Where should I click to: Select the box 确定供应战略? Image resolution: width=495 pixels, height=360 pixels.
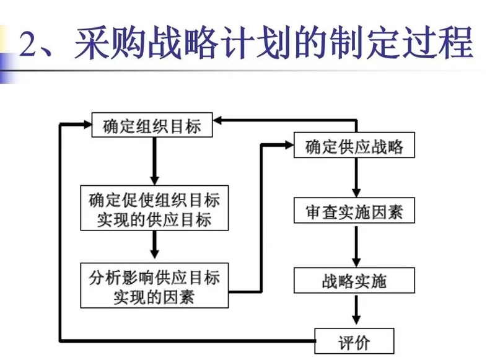click(x=354, y=147)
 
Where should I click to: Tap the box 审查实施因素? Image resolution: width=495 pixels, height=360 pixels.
click(x=354, y=212)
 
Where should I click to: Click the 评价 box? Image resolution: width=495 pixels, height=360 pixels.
click(x=354, y=342)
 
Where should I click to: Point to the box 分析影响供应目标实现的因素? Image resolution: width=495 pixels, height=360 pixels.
click(x=154, y=286)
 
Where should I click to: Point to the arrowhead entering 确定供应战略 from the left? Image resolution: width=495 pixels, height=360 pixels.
click(x=287, y=144)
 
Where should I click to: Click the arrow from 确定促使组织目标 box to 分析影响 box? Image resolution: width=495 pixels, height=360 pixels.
click(x=154, y=248)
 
